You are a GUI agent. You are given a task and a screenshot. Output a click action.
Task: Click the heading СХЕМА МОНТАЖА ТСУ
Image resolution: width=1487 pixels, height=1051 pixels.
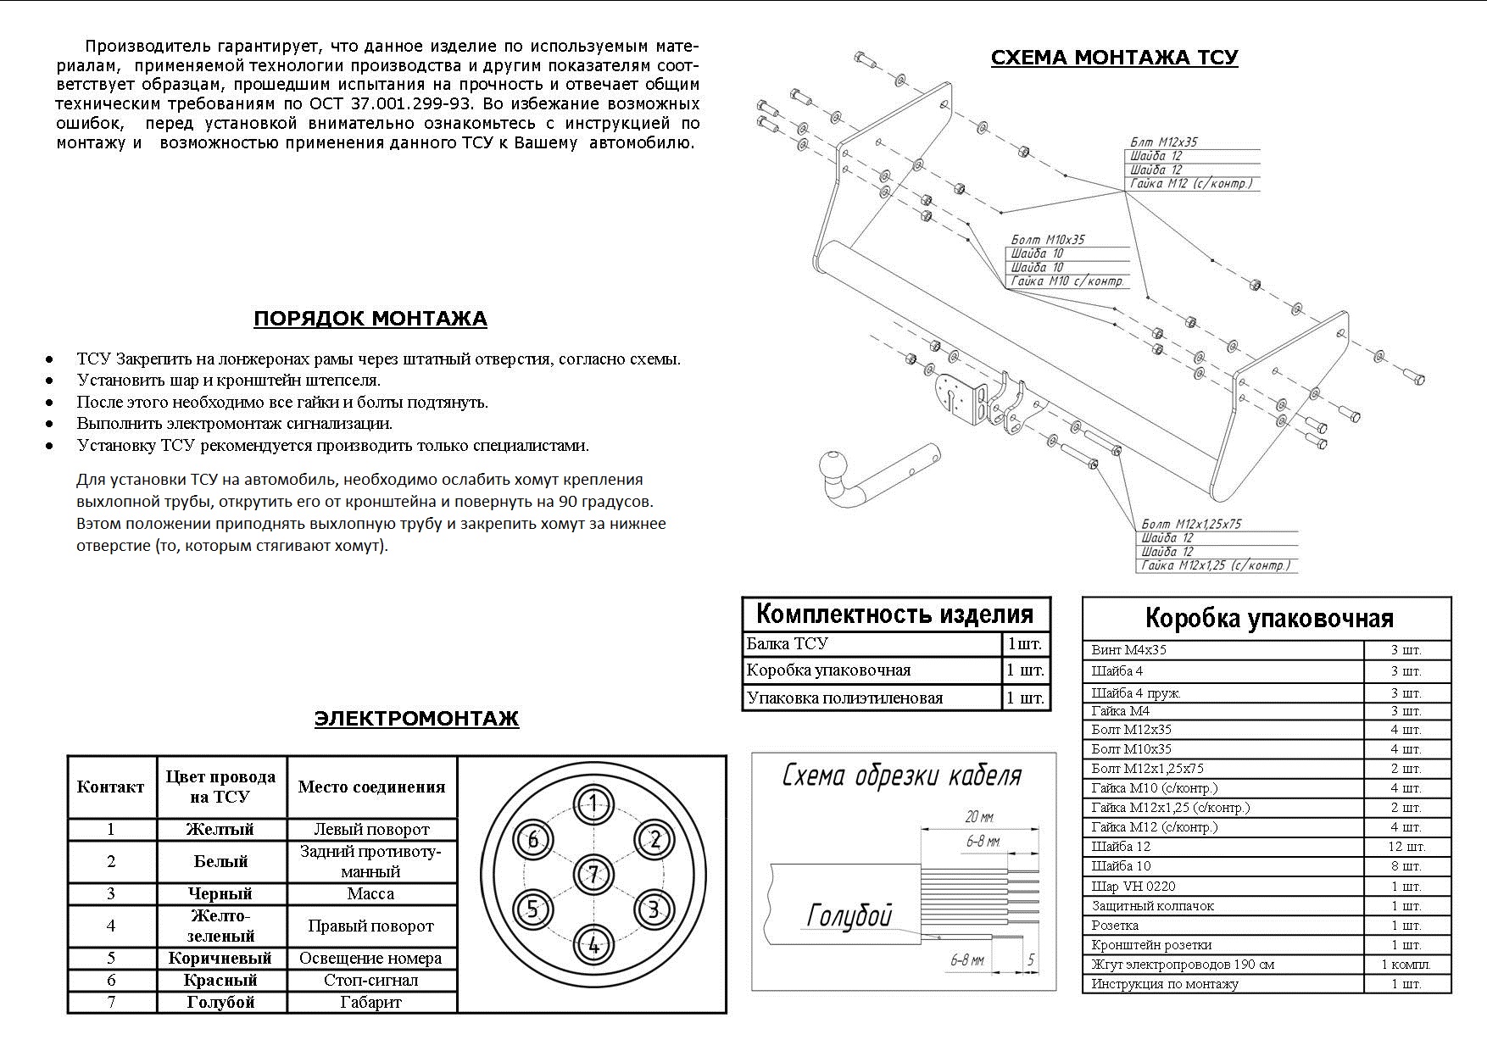click(x=1114, y=58)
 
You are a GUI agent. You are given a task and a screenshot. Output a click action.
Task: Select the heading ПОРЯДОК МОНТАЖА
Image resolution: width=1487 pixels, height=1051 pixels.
click(x=370, y=320)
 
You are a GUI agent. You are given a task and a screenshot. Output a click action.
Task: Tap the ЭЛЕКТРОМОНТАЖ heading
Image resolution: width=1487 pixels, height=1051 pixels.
click(x=416, y=719)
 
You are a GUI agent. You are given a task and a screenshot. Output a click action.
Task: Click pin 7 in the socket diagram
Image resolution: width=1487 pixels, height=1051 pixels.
click(x=593, y=874)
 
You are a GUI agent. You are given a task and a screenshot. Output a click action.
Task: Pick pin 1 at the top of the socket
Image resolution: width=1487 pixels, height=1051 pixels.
click(x=593, y=804)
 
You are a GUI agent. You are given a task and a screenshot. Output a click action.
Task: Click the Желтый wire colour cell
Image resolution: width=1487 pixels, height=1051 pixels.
click(x=220, y=830)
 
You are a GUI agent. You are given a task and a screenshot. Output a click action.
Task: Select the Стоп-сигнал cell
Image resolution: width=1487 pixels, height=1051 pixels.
click(x=370, y=981)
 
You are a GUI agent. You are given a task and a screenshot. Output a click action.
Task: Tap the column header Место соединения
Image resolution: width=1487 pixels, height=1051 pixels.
click(x=371, y=787)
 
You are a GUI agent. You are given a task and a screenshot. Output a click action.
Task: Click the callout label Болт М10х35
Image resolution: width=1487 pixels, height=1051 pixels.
click(x=1048, y=240)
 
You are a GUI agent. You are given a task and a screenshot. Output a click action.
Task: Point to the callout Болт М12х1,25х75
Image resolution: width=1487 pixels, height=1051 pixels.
click(x=1191, y=525)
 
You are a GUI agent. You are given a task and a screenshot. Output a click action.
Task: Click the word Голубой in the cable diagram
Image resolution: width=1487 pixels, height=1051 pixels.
click(x=849, y=915)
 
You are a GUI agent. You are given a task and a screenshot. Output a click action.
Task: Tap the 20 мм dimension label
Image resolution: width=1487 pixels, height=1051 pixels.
click(x=979, y=817)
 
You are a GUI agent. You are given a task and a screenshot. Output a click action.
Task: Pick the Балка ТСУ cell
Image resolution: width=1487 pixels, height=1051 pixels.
click(x=787, y=644)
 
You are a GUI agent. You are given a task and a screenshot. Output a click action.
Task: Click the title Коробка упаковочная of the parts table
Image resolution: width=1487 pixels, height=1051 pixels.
click(x=1268, y=619)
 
